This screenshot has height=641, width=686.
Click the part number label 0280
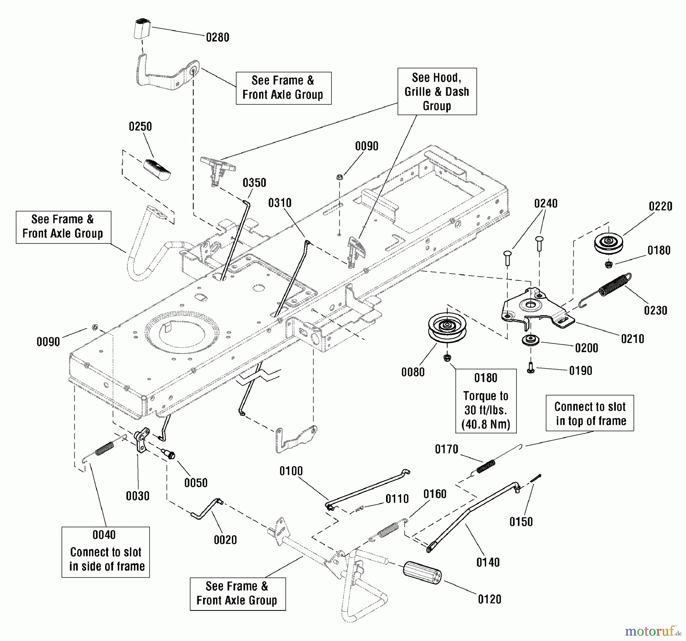218,37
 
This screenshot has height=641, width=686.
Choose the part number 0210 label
632,339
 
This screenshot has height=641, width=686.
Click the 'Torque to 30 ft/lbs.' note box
486,401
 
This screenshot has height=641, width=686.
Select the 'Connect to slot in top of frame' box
590,413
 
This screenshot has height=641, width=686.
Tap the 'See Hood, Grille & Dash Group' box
437,91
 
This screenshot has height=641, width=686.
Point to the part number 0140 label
488,562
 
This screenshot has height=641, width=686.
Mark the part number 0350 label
254,183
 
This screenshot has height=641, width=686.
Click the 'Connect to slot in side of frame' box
106,552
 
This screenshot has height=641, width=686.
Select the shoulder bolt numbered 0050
168,454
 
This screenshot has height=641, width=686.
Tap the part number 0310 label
280,203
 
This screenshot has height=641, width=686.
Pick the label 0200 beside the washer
586,348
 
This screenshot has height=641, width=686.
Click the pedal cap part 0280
142,28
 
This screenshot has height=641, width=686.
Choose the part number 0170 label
446,449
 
